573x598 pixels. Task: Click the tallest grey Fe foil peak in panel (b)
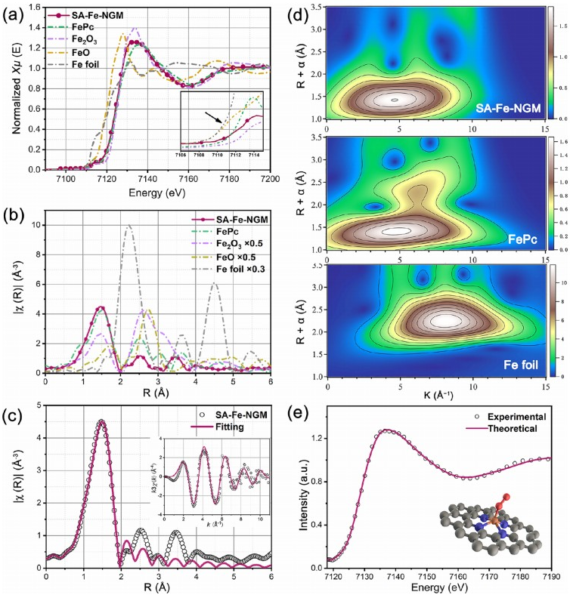pos(130,225)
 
